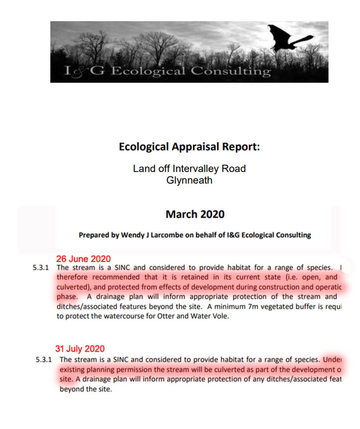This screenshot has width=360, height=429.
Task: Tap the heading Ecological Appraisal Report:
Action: [189, 147]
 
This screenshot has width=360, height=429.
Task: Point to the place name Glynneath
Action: [189, 180]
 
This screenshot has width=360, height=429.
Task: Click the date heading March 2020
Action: [195, 215]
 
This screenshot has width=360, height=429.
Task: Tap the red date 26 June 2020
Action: [83, 259]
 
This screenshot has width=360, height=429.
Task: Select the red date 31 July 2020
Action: [80, 349]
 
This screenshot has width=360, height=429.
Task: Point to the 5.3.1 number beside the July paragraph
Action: [44, 359]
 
